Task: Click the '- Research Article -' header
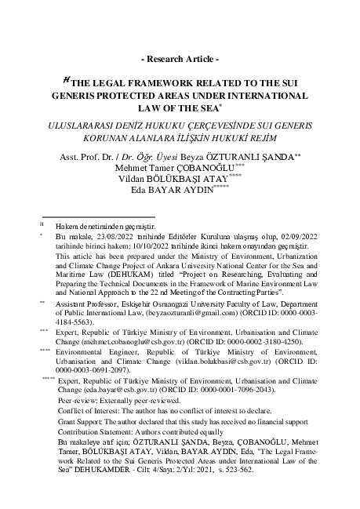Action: (x=180, y=60)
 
